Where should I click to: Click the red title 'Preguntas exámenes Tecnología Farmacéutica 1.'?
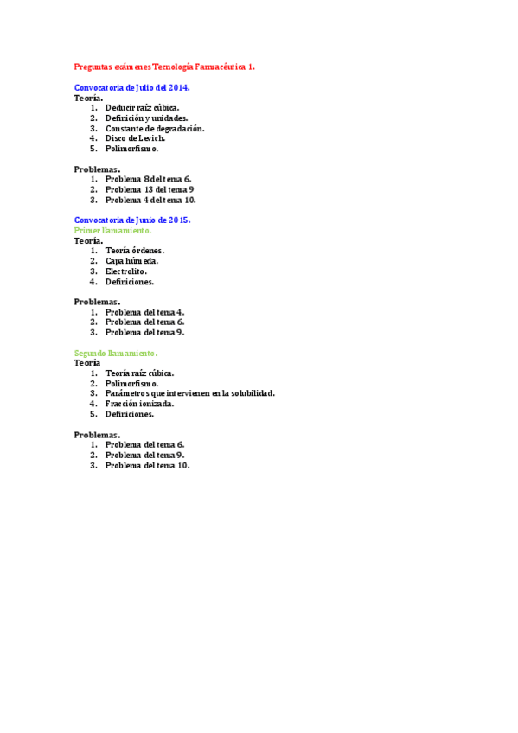pos(164,66)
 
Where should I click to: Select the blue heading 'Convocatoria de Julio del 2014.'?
pos(132,88)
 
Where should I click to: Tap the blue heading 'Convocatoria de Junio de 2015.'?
pos(132,220)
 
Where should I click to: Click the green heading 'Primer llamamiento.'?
pos(113,231)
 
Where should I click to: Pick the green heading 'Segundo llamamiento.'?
pos(116,354)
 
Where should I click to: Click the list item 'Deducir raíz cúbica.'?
pos(143,108)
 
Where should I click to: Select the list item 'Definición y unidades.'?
pos(147,118)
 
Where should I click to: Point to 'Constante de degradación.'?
pos(155,128)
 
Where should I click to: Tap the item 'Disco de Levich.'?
pos(135,138)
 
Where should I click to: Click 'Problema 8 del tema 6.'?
pos(149,179)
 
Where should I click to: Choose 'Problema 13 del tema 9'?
pos(150,189)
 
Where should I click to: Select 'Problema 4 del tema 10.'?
pos(150,200)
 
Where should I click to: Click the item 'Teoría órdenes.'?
pos(135,251)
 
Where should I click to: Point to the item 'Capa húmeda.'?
pos(131,261)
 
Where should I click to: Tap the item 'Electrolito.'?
pos(126,271)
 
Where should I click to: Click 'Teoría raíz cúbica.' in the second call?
pos(140,373)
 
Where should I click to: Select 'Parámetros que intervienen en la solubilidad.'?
pos(190,393)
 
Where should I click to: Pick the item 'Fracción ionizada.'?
pos(140,404)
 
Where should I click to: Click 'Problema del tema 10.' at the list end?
pos(147,465)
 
